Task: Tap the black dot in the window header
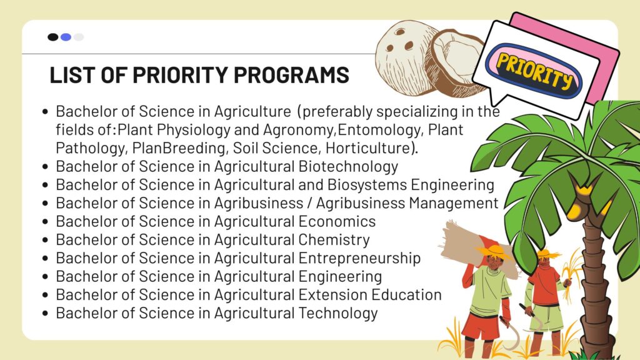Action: [53, 37]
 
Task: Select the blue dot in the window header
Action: [66, 37]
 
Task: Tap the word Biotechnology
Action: [348, 166]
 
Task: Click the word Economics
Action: [337, 221]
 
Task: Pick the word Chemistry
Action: [334, 240]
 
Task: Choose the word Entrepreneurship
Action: [359, 258]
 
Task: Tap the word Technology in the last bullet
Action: [338, 314]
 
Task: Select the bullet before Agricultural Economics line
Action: [45, 222]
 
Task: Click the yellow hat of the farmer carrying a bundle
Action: [494, 251]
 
